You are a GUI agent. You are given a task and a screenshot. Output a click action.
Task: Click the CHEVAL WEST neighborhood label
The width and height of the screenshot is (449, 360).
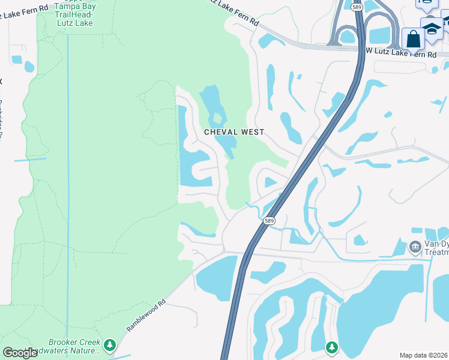pyautogui.click(x=234, y=132)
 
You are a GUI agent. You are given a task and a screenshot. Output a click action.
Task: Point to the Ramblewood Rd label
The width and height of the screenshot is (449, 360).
pyautogui.click(x=145, y=316)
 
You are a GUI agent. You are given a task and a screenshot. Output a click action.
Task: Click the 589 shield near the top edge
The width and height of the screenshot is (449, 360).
pyautogui.click(x=356, y=7)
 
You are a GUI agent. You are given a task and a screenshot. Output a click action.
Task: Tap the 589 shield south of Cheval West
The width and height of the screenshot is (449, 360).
pyautogui.click(x=269, y=221)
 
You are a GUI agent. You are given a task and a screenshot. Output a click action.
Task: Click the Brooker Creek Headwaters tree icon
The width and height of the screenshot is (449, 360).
pyautogui.click(x=109, y=344)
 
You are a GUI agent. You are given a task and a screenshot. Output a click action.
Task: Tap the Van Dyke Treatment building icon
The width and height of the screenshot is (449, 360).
pyautogui.click(x=415, y=247)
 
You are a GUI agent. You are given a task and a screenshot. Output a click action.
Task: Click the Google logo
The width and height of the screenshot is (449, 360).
pyautogui.click(x=20, y=353)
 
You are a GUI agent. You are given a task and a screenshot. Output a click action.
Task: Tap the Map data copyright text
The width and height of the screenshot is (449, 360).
pyautogui.click(x=423, y=355)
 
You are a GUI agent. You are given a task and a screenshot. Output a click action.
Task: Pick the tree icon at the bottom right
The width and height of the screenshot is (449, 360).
pyautogui.click(x=332, y=347)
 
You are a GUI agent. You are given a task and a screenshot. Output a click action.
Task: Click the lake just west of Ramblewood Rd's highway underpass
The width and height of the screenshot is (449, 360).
pyautogui.click(x=216, y=279)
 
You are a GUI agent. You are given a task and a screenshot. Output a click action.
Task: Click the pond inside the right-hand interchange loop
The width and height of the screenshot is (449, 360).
pyautogui.click(x=379, y=36)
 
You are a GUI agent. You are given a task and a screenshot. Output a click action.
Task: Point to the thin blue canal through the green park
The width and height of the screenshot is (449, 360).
pyautogui.click(x=67, y=180)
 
